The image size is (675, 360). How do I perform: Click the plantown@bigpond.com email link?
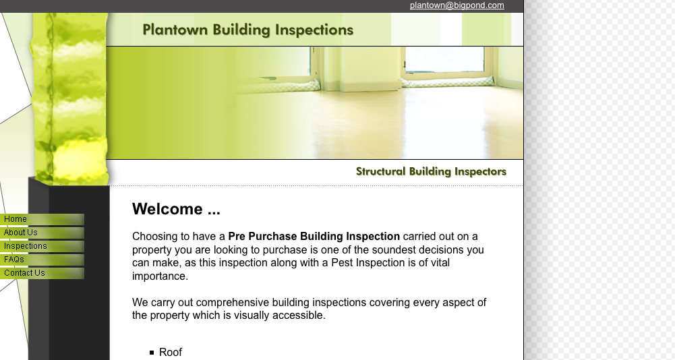point(457,5)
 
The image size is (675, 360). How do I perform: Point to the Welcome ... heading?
point(176,209)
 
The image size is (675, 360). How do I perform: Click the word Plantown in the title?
point(175,30)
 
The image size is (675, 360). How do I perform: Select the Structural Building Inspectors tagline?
point(431,171)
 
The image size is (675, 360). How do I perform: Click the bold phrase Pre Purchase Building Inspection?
point(314,237)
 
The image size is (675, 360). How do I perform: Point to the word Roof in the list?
point(171,353)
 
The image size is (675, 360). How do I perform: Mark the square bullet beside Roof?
point(152,353)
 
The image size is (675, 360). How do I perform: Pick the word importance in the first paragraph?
point(160,276)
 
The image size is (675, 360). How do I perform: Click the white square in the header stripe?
point(450,29)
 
